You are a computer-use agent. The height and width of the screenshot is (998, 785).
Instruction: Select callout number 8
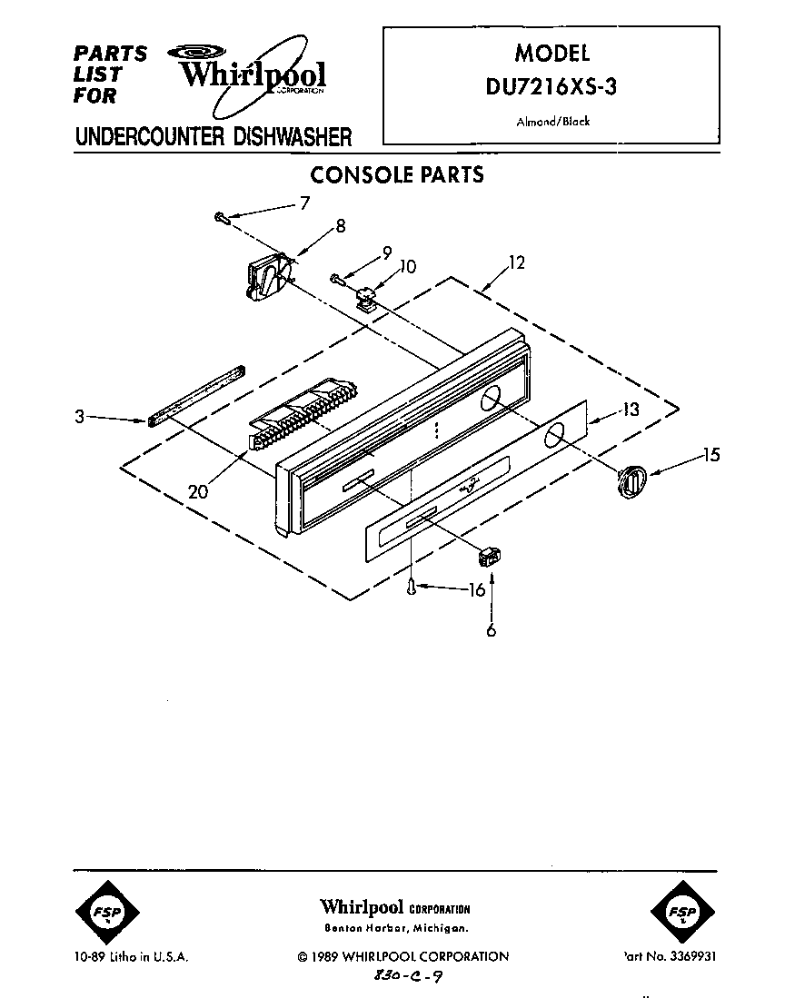pyautogui.click(x=340, y=228)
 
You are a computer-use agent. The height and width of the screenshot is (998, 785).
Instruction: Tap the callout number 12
pyautogui.click(x=516, y=263)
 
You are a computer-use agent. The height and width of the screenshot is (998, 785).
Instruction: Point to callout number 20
pyautogui.click(x=199, y=491)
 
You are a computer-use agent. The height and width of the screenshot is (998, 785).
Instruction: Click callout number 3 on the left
pyautogui.click(x=80, y=418)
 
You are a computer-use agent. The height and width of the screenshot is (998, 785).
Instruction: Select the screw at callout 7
pyautogui.click(x=220, y=216)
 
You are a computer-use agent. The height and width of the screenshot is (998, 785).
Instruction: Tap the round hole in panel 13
pyautogui.click(x=553, y=439)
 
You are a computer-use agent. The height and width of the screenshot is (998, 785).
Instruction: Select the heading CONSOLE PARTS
pyautogui.click(x=397, y=174)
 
